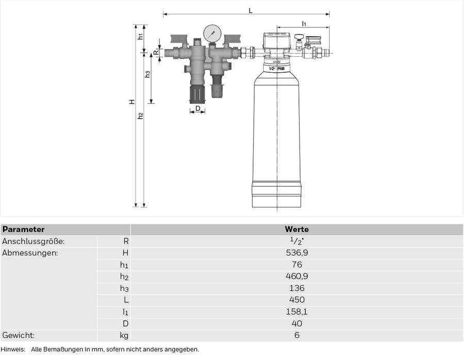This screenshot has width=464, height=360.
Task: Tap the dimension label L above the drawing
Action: coord(251,11)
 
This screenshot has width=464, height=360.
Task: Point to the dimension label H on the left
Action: coord(132,102)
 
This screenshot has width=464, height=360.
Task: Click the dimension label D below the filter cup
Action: coord(198,108)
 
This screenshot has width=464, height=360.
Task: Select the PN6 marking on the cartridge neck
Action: coord(280,69)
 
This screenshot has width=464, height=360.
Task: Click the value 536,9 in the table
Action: coord(297,253)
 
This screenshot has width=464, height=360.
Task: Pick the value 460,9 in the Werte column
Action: coord(297,276)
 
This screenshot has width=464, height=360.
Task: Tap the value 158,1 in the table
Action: coord(297,312)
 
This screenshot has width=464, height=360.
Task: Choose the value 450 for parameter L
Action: coord(297,300)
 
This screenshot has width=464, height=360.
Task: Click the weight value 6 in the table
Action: coord(297,335)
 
